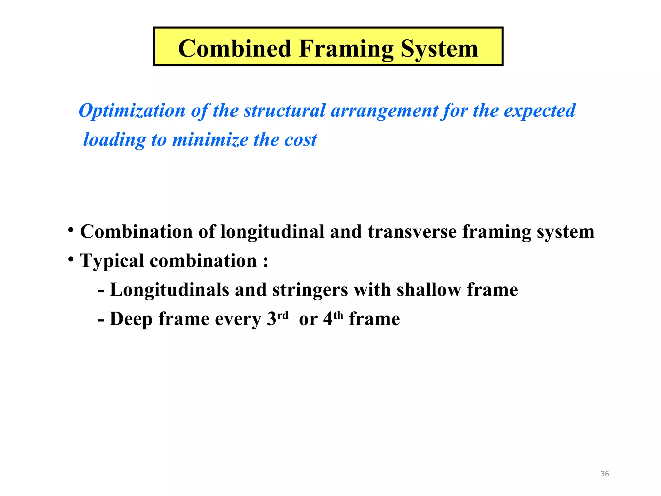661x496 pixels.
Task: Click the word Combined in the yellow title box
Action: [235, 48]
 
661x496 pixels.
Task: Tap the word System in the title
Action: [439, 48]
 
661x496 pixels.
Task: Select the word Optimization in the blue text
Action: [132, 111]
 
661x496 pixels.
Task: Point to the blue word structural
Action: [284, 111]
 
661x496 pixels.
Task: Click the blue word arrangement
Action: [384, 111]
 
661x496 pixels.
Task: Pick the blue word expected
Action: [540, 111]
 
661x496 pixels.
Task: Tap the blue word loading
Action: [114, 140]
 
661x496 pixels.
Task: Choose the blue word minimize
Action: [210, 140]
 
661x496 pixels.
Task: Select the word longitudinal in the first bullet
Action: [272, 232]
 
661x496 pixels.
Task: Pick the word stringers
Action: [310, 290]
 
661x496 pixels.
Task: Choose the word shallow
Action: [429, 290]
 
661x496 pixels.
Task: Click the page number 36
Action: [605, 474]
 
